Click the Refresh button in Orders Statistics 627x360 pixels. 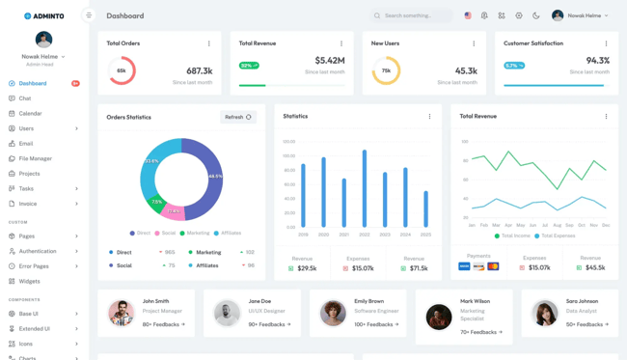pos(237,117)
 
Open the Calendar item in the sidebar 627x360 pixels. pos(30,114)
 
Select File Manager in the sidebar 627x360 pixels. pos(36,158)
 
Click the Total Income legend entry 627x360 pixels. pos(515,235)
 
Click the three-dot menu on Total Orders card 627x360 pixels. pos(209,43)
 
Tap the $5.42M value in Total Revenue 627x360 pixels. pos(330,61)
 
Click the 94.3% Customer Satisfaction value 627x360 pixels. pos(597,61)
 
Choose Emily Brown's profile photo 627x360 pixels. pos(333,313)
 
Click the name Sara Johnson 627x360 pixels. pos(582,301)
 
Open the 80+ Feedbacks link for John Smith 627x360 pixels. pos(163,324)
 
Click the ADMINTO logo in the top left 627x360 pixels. pos(43,15)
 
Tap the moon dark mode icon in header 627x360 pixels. pos(536,15)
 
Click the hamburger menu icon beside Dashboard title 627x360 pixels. pos(89,15)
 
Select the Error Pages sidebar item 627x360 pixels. pos(34,266)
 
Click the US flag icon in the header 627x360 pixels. pos(468,15)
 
